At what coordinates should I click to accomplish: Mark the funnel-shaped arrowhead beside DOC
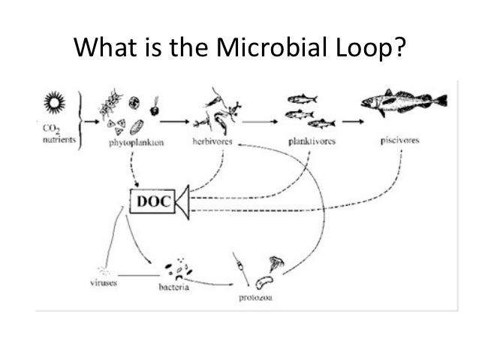[x=182, y=201]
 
